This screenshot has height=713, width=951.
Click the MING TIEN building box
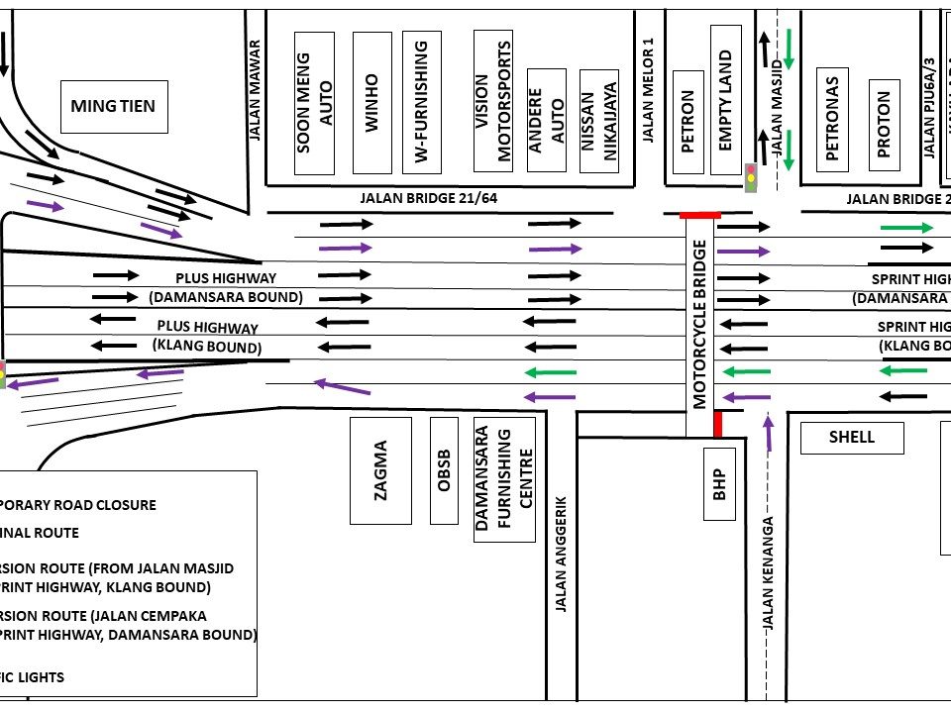113,106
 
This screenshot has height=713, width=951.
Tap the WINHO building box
371,102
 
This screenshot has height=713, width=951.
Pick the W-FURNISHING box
421,102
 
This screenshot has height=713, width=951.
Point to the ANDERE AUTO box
547,121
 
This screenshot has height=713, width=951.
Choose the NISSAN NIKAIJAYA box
598,121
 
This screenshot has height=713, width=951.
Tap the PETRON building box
688,121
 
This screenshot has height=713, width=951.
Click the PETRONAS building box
832,119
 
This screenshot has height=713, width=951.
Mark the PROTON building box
884,119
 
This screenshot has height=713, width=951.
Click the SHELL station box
852,437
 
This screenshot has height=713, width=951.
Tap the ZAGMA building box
381,470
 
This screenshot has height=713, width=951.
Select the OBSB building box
444,470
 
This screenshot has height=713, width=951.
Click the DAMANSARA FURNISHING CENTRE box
504,478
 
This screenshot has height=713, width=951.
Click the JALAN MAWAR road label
255,90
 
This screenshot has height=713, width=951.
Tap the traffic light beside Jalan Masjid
751,177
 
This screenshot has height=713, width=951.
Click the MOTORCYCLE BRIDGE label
700,323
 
